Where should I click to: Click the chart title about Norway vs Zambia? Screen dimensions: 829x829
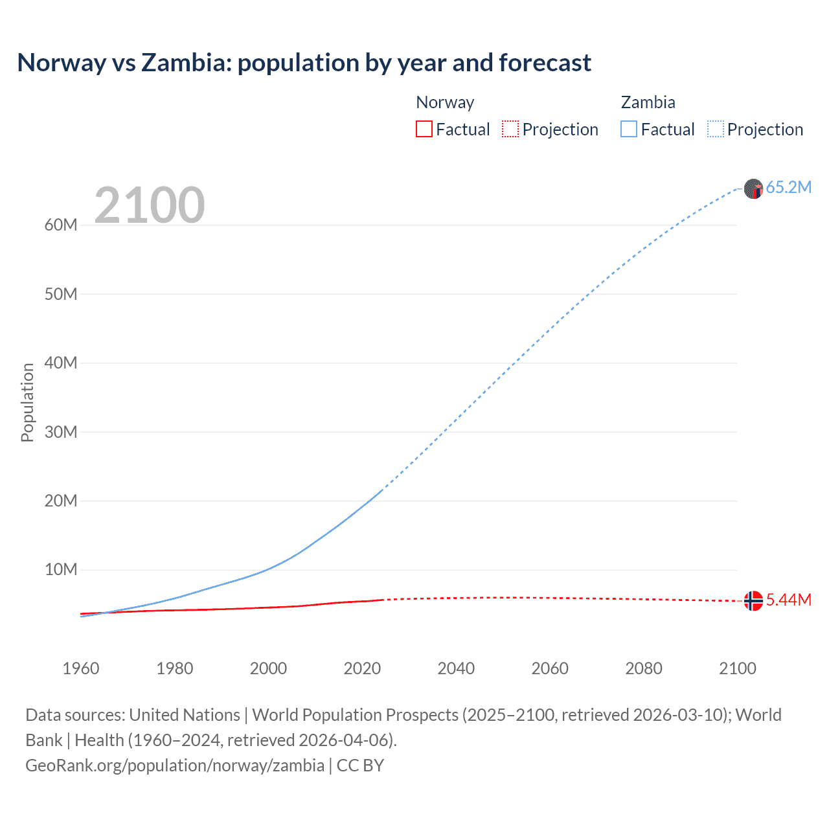click(x=304, y=63)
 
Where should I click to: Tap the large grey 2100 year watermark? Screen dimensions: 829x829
click(x=150, y=205)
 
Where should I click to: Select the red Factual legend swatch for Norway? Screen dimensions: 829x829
click(x=424, y=129)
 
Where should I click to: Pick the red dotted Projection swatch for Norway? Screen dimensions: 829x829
click(x=510, y=129)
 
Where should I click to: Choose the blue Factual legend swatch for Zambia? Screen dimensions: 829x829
click(x=628, y=129)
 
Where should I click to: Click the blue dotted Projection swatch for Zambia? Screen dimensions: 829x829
click(x=715, y=129)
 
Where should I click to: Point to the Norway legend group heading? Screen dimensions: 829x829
click(x=445, y=102)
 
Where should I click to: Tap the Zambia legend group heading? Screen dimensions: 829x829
click(x=648, y=102)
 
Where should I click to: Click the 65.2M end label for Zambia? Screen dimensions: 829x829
click(x=788, y=187)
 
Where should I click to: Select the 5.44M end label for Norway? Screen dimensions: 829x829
click(x=788, y=600)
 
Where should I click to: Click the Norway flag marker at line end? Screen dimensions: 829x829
click(x=753, y=601)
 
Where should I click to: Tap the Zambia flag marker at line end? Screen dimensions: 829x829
click(x=753, y=189)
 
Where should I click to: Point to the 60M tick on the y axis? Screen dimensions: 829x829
click(x=61, y=225)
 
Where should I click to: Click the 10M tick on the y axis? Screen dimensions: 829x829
click(x=61, y=569)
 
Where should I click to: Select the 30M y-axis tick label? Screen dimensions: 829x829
click(x=61, y=432)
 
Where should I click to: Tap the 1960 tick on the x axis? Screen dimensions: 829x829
click(x=81, y=668)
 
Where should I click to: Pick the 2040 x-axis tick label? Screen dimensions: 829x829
click(x=456, y=668)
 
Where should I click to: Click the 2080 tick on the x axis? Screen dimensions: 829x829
click(x=644, y=668)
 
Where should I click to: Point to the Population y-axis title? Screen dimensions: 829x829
click(x=27, y=402)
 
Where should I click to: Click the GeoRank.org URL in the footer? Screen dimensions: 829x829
click(x=175, y=766)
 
